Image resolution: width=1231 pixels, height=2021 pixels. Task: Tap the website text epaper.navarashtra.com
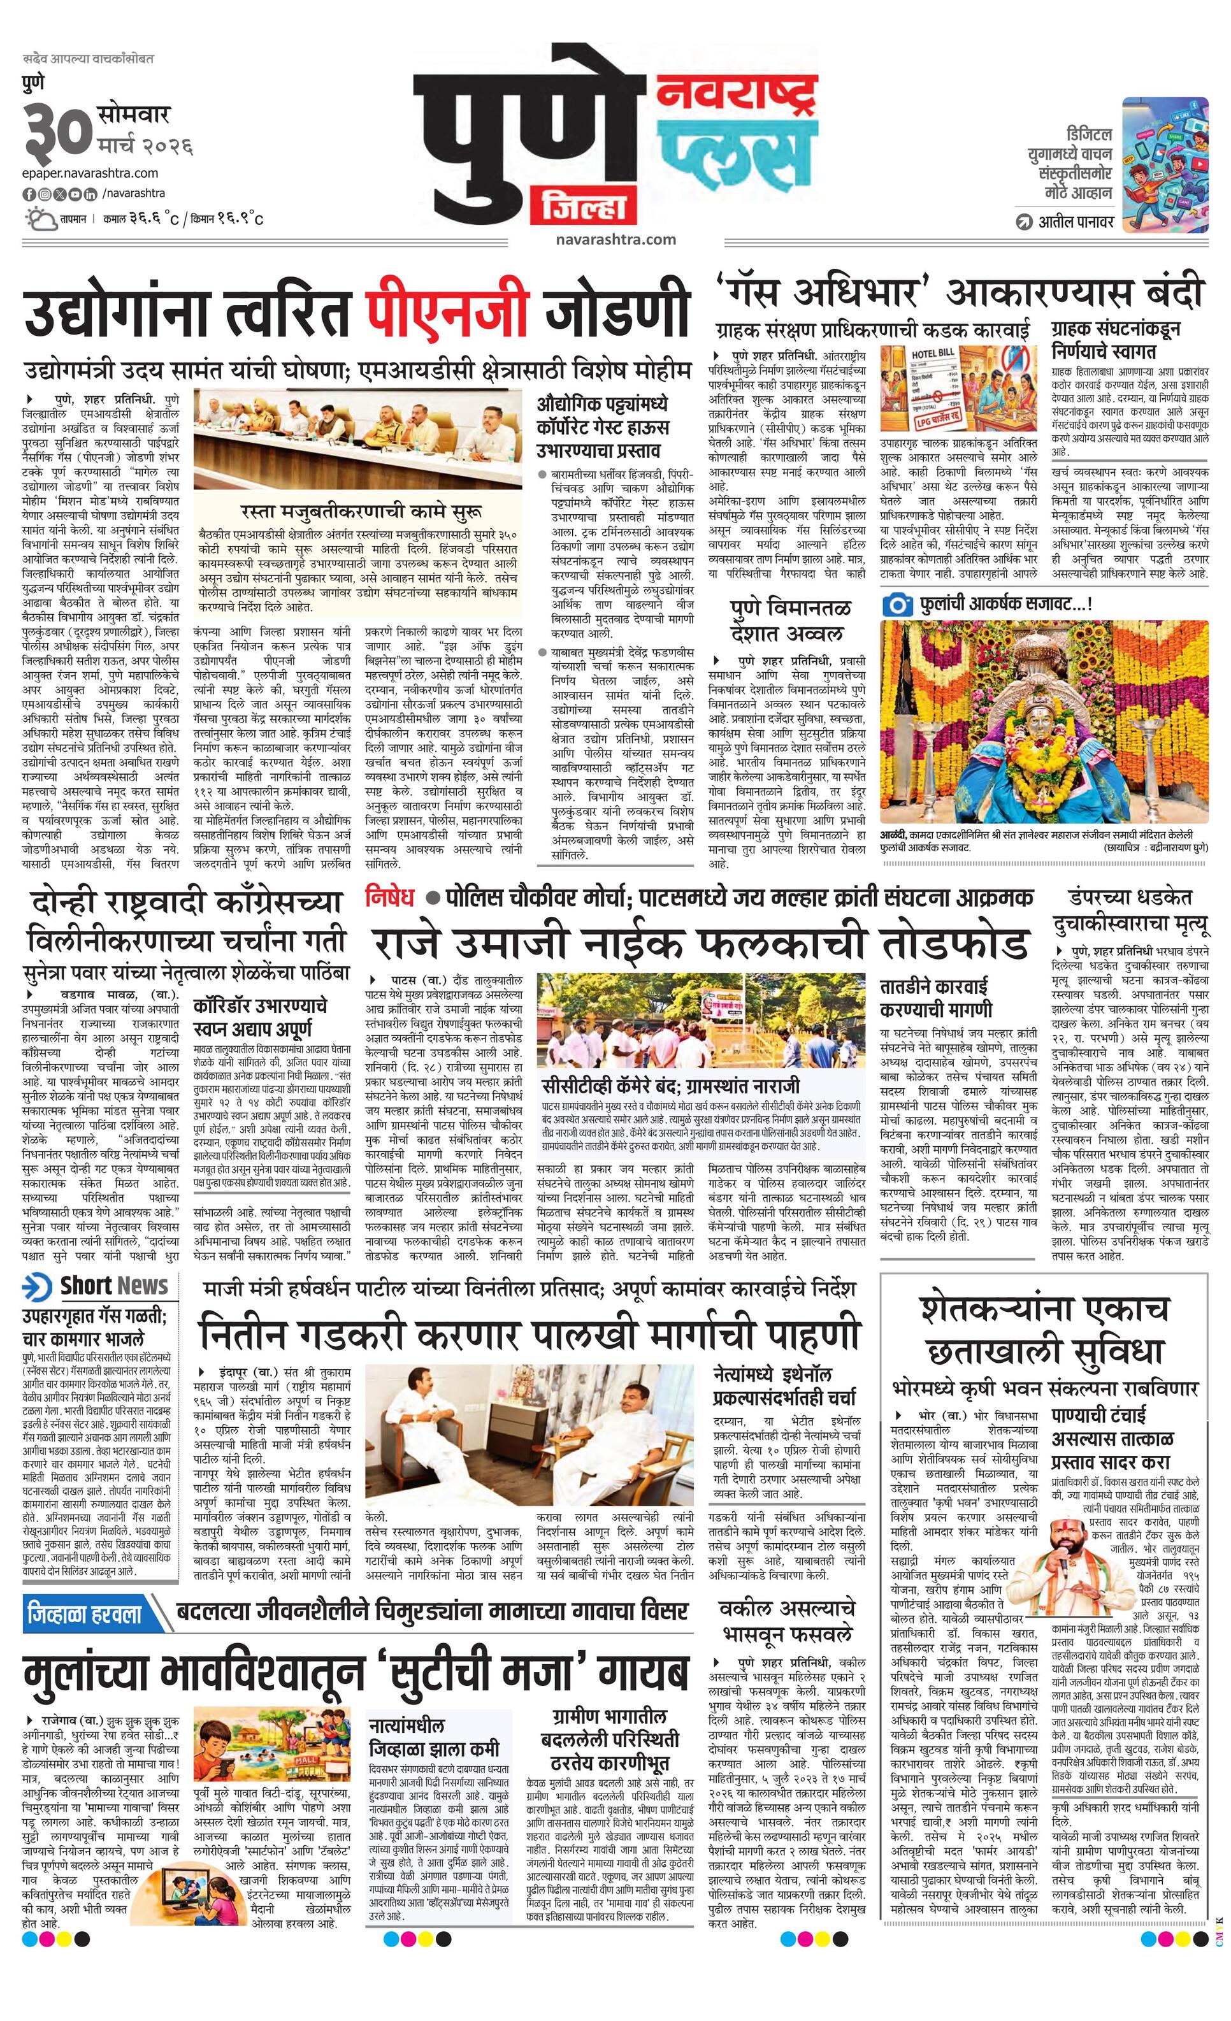click(x=91, y=173)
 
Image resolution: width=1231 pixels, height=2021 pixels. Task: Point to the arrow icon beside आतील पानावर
click(x=1023, y=222)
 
